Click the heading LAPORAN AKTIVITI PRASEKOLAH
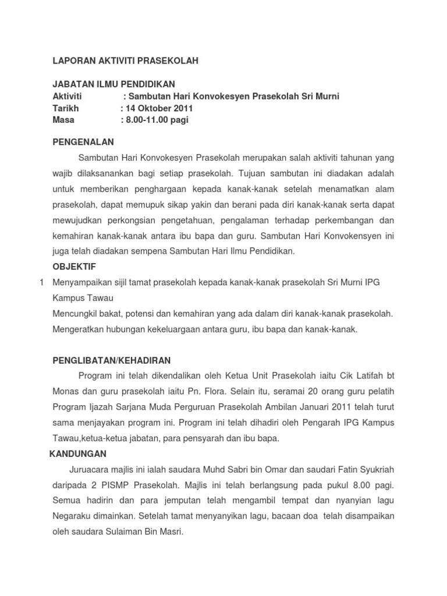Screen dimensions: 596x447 click(x=126, y=61)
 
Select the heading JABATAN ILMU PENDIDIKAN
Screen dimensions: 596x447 click(x=113, y=84)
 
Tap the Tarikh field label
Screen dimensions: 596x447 click(x=66, y=108)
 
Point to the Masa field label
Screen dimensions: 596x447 click(x=64, y=120)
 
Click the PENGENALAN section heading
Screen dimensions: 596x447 click(x=83, y=141)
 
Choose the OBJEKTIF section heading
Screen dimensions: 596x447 click(x=74, y=266)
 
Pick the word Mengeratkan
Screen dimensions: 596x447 click(x=76, y=329)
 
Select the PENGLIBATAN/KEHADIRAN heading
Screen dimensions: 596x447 click(x=112, y=361)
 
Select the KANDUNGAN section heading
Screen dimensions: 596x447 click(x=77, y=453)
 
